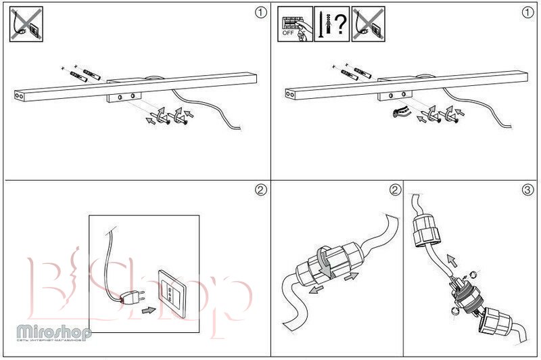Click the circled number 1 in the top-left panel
[260, 13]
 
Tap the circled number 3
[528, 190]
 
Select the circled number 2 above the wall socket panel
[260, 190]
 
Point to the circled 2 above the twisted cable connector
[395, 190]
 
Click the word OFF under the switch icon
[288, 32]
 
